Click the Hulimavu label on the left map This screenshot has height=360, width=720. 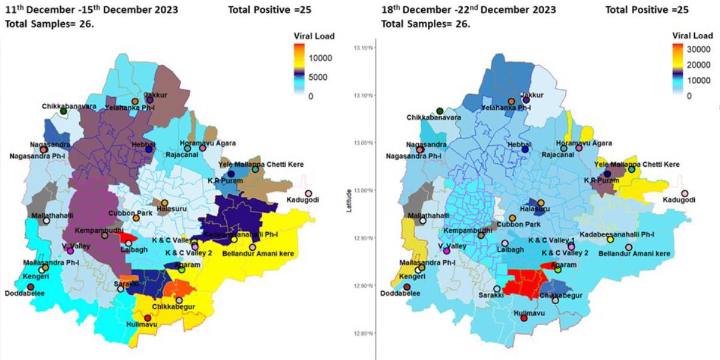[x=142, y=324]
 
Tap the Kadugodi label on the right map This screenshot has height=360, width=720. [x=680, y=200]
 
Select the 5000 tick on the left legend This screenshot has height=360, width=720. [x=321, y=77]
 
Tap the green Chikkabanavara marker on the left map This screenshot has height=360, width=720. [x=64, y=112]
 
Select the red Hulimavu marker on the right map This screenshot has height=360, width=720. [x=524, y=318]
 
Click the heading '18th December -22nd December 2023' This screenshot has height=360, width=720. [x=469, y=10]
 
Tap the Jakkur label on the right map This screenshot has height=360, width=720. [x=532, y=95]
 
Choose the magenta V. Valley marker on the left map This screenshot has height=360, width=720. [x=70, y=251]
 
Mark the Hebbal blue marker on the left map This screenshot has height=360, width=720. [x=149, y=149]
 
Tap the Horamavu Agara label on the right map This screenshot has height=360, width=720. [x=584, y=143]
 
